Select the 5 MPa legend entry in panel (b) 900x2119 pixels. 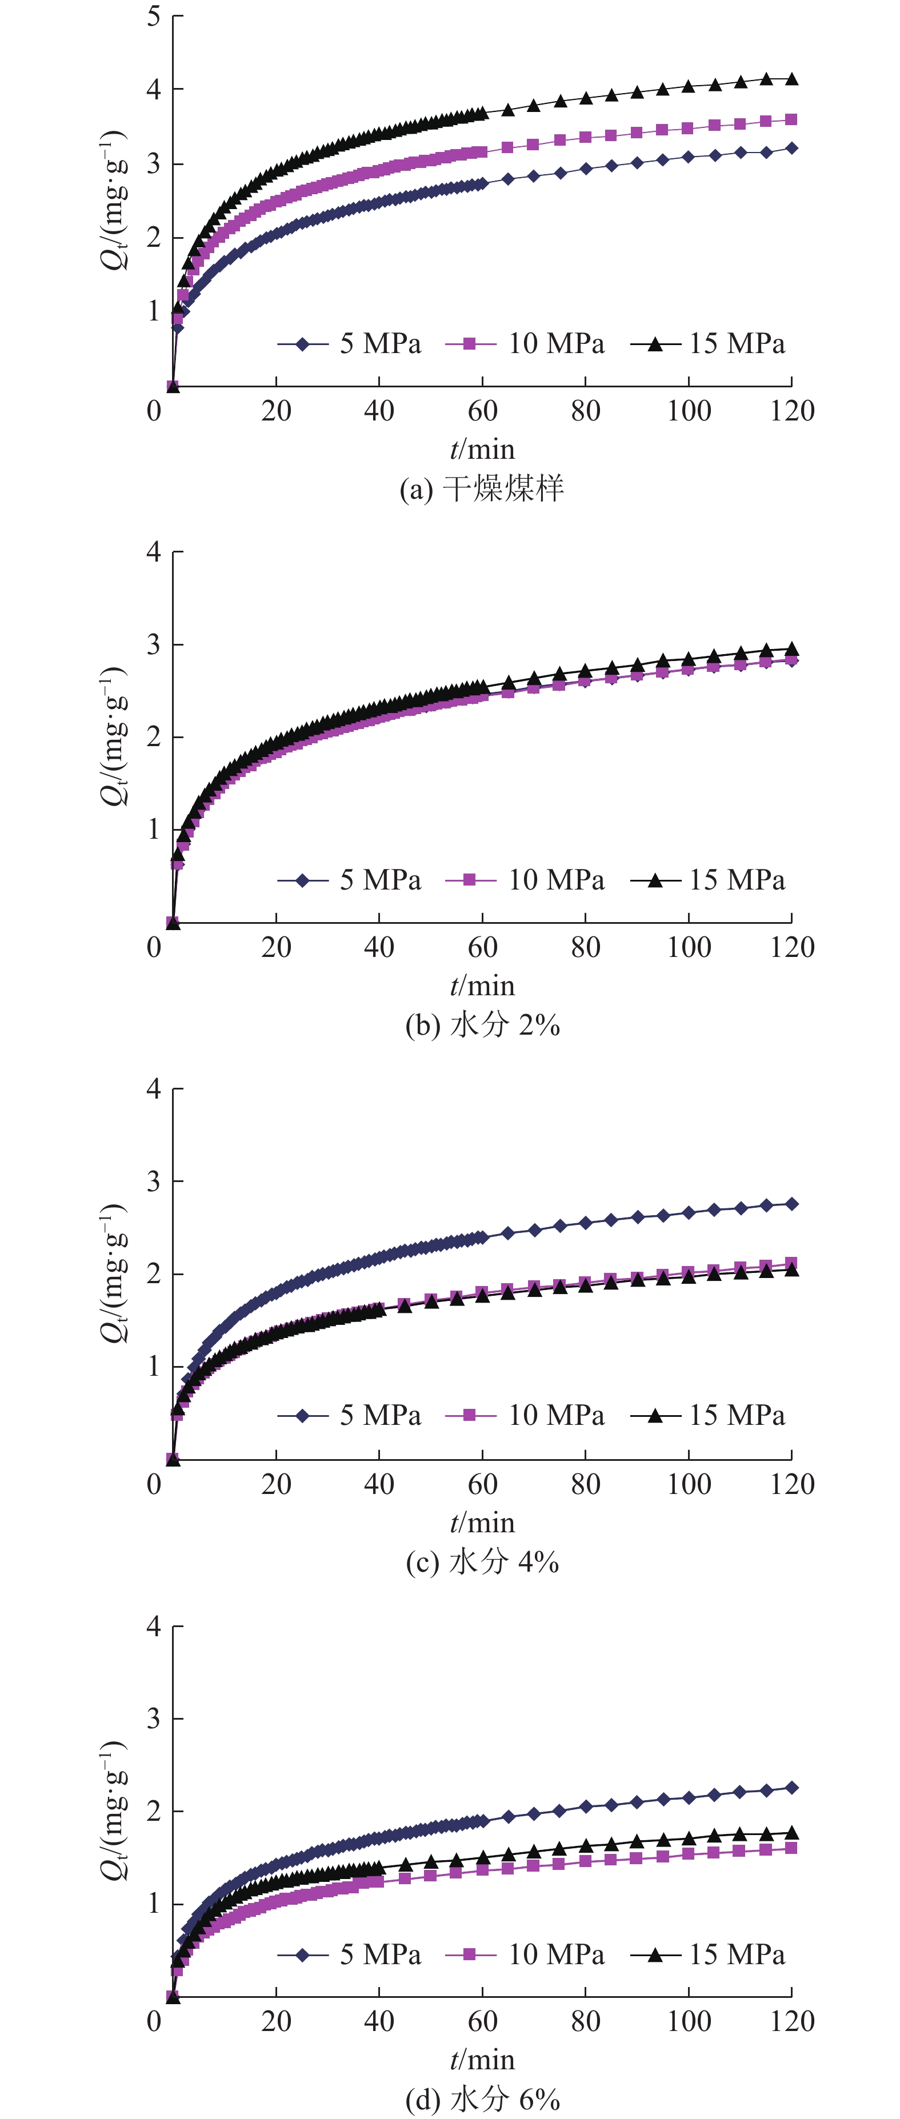click(350, 880)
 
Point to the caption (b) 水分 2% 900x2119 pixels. click(482, 1025)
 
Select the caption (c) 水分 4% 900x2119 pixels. click(482, 1561)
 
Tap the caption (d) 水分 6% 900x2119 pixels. click(482, 2098)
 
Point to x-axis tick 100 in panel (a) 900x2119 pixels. click(689, 410)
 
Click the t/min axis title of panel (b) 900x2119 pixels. click(482, 986)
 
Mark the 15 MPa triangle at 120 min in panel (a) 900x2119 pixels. click(791, 79)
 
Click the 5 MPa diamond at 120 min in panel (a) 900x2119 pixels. click(791, 148)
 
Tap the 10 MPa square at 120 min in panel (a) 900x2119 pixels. click(791, 120)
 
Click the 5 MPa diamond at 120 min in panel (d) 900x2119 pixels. click(791, 1788)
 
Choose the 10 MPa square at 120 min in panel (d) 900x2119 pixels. click(791, 1848)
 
